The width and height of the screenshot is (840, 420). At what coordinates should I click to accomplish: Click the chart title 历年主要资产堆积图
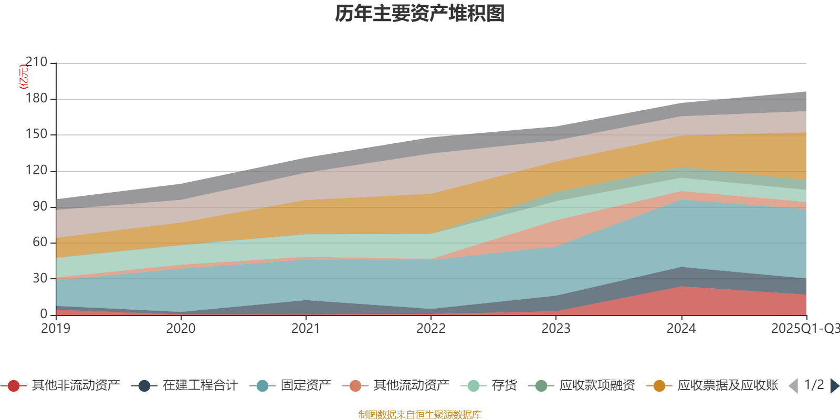[420, 14]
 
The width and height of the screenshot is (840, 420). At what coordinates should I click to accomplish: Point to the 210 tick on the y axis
[36, 62]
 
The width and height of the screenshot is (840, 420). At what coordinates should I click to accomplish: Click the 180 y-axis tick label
[36, 99]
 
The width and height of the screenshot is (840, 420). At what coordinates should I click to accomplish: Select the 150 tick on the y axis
[36, 134]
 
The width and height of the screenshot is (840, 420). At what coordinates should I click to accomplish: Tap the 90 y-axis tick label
[39, 206]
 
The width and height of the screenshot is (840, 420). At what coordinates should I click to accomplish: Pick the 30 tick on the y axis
[39, 278]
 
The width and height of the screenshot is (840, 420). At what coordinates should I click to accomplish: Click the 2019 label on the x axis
[56, 329]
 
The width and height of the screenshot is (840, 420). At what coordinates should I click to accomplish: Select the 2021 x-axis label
[306, 329]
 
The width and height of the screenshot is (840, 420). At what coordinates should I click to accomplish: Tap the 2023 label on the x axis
[556, 329]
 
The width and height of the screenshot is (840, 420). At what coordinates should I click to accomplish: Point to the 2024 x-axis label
[681, 329]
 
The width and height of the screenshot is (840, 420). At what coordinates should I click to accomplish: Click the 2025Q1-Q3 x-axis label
[805, 329]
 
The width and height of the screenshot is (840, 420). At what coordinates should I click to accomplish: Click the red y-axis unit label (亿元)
[24, 77]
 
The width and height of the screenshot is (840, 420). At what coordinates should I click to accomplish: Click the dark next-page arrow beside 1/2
[834, 386]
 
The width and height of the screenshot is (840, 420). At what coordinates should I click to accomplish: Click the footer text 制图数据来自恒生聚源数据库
[420, 415]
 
